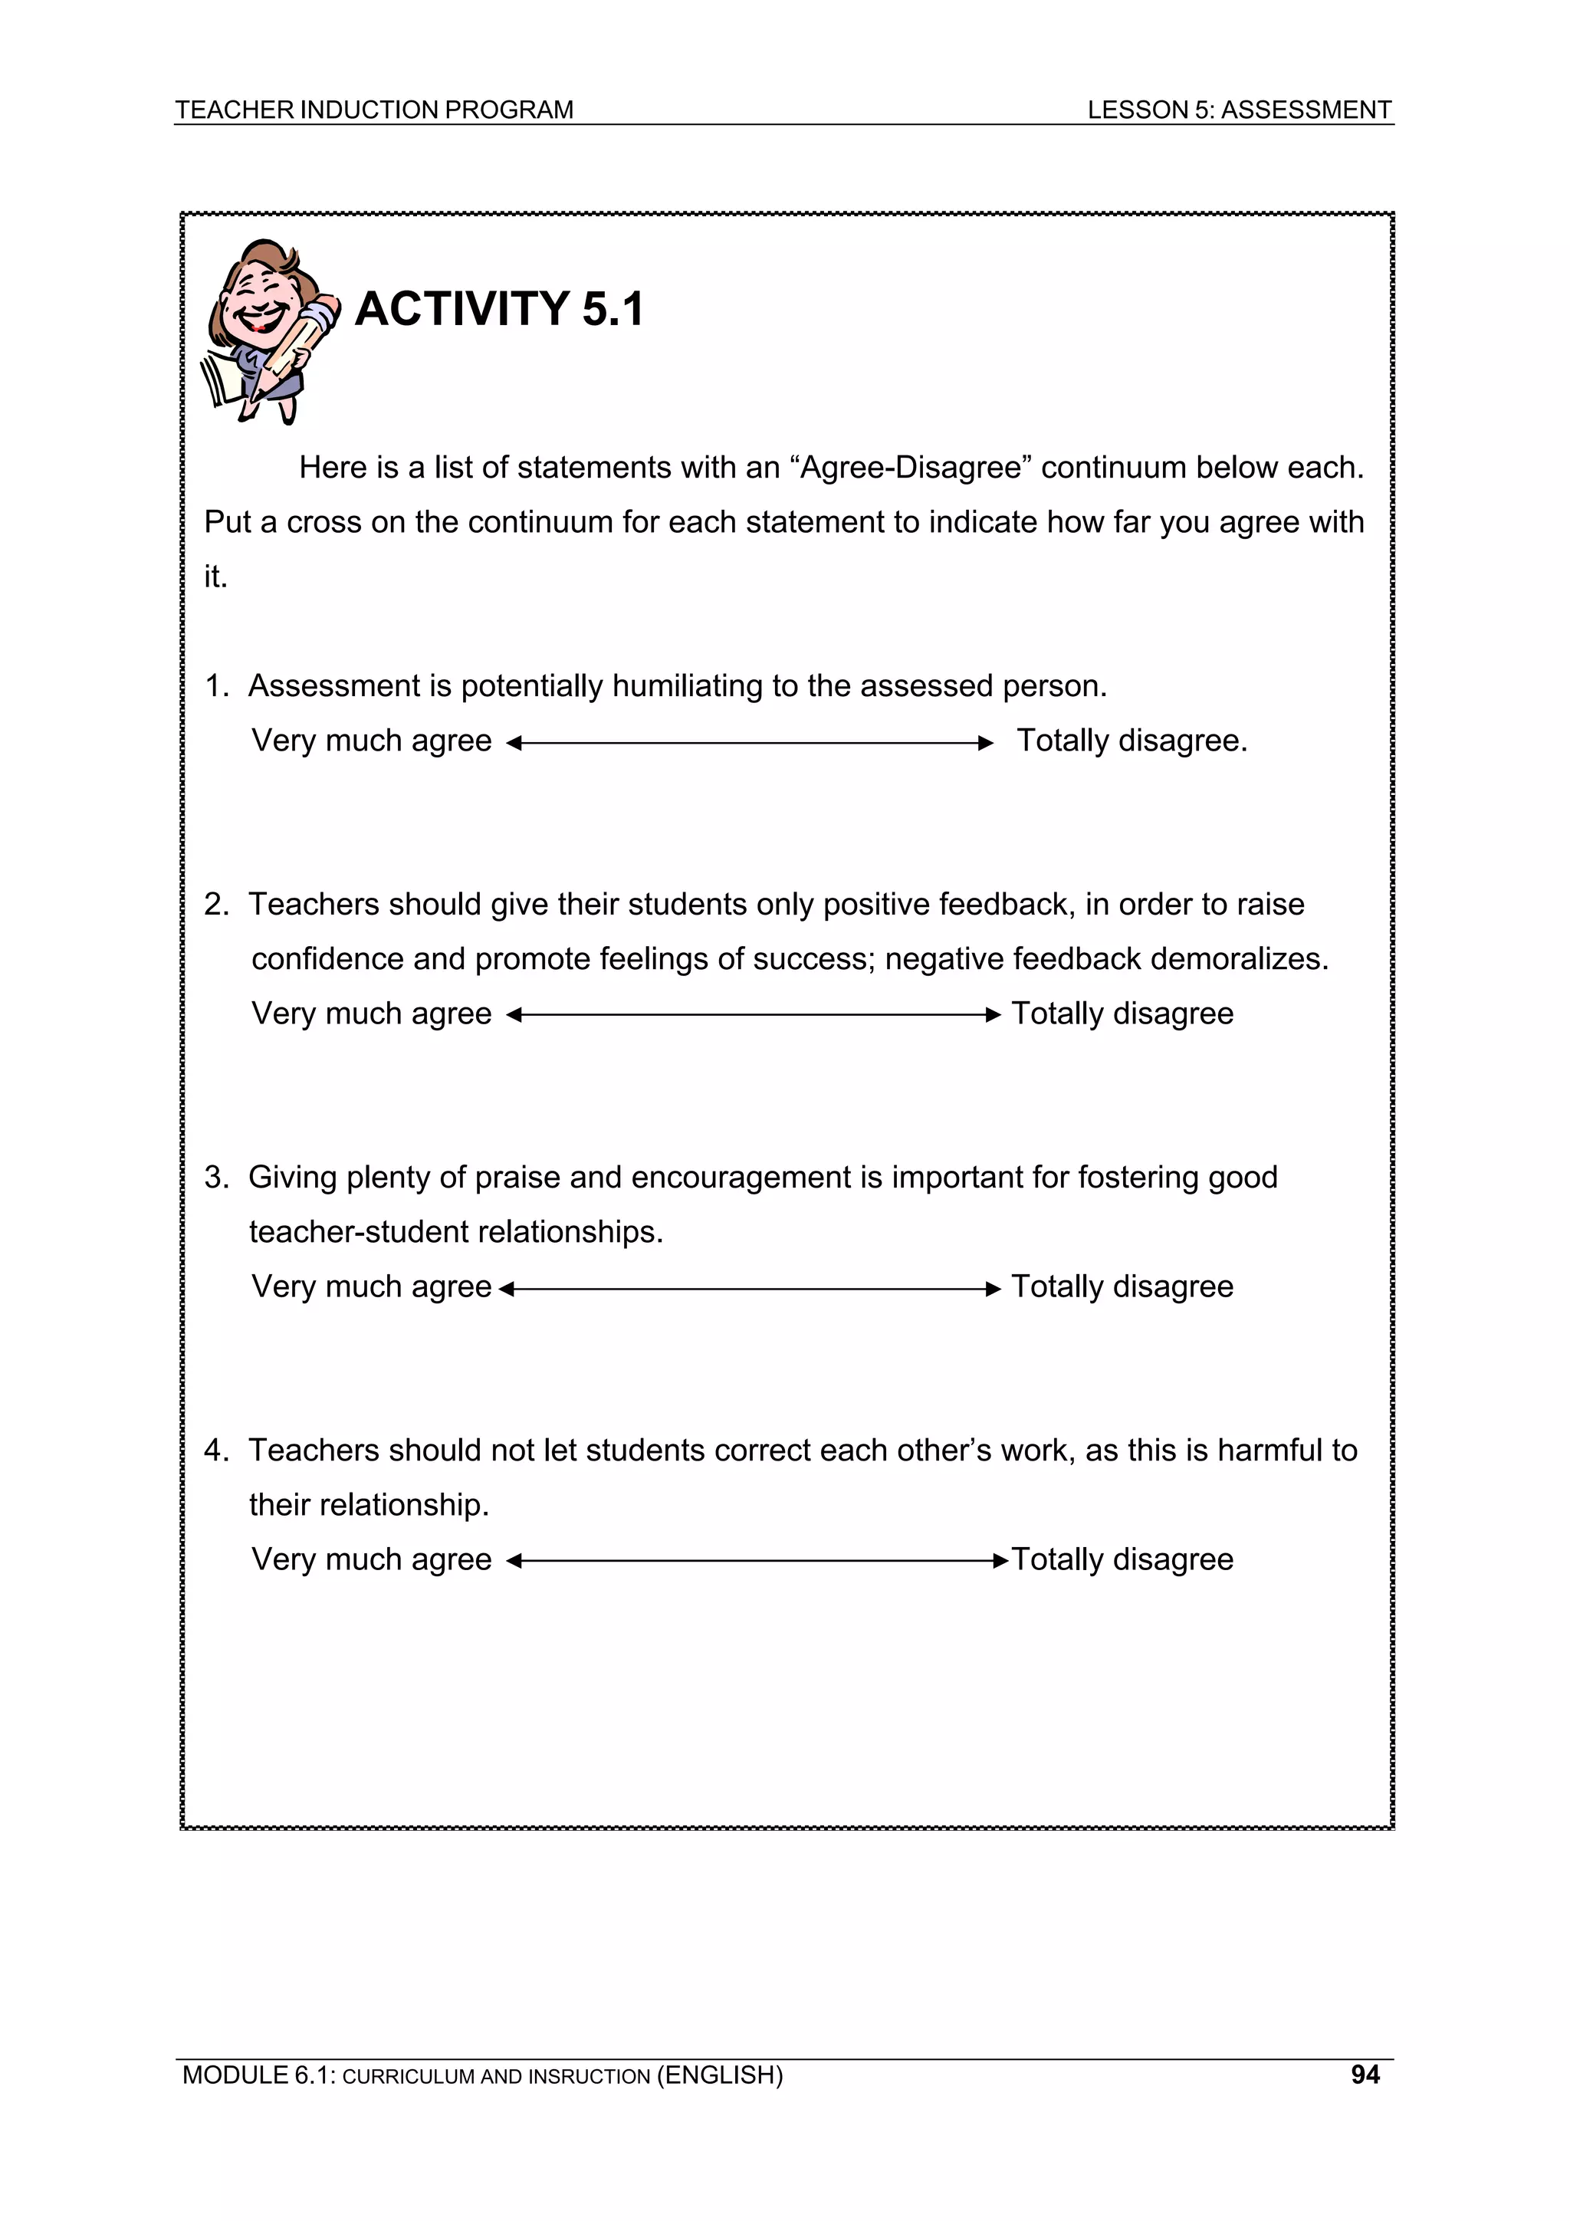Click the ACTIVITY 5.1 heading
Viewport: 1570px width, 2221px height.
click(498, 310)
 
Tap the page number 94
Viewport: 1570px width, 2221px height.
click(1365, 2074)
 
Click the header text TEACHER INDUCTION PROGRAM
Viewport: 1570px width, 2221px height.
click(373, 110)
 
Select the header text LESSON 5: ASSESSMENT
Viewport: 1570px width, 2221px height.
click(1238, 110)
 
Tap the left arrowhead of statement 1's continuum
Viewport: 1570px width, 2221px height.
click(514, 743)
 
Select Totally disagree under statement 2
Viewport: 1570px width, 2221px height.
click(1122, 1014)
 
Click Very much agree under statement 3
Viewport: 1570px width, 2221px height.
click(372, 1286)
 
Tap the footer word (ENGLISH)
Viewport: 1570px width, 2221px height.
click(720, 2075)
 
